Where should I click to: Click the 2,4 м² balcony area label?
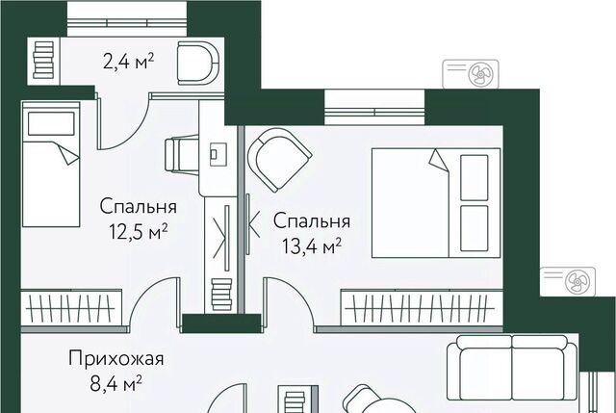[128, 62]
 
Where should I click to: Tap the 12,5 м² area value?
[139, 232]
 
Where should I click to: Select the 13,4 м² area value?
[311, 246]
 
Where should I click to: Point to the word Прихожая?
[116, 359]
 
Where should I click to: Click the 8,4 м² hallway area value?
[115, 383]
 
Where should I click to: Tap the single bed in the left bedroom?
[51, 164]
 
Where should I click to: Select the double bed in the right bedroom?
[436, 203]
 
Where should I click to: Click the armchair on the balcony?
[197, 63]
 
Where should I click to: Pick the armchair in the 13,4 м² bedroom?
[279, 159]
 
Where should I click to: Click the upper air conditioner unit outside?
[471, 74]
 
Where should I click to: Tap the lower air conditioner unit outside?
[568, 281]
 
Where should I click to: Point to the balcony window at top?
[126, 18]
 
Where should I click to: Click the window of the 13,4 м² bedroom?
[374, 107]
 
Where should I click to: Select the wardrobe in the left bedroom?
[71, 307]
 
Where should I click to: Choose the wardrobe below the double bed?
[422, 307]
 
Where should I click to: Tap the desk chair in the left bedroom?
[181, 154]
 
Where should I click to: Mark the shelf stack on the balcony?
[43, 60]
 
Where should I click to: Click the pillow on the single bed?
[51, 124]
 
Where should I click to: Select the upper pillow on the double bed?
[475, 177]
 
